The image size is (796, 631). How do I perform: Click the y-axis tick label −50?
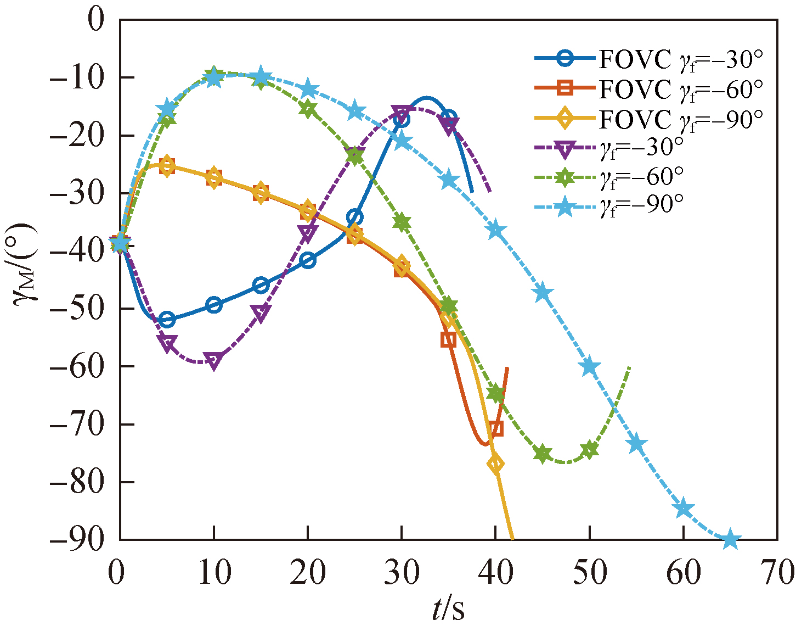[76, 309]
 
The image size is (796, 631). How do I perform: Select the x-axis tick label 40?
[495, 573]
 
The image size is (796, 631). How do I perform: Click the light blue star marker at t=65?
[730, 540]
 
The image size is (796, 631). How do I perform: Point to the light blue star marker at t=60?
[684, 509]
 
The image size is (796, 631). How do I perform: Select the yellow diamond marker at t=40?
[495, 464]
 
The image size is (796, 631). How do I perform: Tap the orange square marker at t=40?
[496, 429]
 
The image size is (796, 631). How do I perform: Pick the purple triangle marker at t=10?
[214, 361]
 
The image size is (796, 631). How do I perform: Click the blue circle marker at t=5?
[167, 320]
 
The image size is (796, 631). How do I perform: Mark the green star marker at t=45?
[543, 454]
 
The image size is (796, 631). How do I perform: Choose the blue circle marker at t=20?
[308, 260]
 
